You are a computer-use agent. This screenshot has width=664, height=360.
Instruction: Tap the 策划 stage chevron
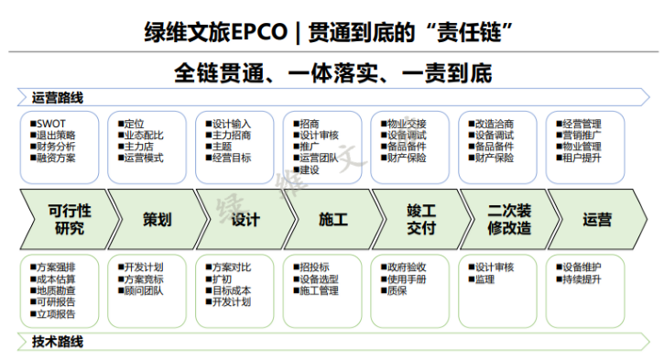click(x=156, y=219)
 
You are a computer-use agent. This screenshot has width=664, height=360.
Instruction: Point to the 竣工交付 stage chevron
click(x=420, y=219)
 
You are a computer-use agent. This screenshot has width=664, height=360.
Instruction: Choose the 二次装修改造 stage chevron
click(x=509, y=219)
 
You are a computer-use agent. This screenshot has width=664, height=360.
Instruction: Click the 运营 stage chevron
click(x=597, y=219)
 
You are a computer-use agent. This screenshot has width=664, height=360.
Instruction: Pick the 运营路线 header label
click(x=58, y=98)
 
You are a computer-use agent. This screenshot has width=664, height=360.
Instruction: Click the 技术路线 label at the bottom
click(x=58, y=342)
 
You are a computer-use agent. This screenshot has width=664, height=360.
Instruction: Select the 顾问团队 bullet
click(x=144, y=290)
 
